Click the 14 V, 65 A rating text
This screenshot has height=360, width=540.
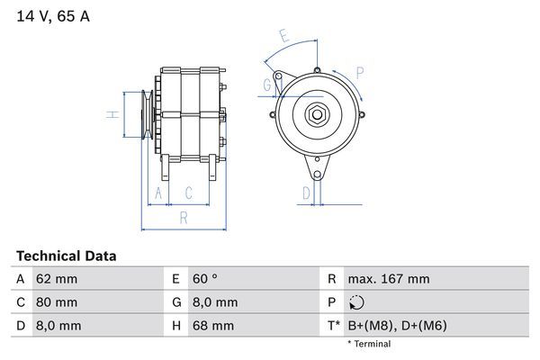pos(53,16)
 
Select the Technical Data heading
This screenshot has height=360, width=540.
pos(67,256)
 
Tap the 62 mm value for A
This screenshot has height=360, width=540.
pos(57,279)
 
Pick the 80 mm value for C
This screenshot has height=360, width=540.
pos(57,302)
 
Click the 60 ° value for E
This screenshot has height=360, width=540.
pos(205,279)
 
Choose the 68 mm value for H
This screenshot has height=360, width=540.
pos(213,326)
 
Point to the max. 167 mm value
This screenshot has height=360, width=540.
pos(389,279)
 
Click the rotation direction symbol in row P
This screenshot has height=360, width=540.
pos(356,302)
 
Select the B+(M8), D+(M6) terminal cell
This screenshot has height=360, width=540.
pos(398,326)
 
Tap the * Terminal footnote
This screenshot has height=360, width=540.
pos(369,344)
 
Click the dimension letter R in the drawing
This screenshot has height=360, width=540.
pos(184,218)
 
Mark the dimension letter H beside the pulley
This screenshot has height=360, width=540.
pos(112,114)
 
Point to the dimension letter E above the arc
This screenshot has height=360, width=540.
pos(284,36)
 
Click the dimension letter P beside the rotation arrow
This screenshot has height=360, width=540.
pos(360,73)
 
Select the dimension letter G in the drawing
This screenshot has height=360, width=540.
pos(267,85)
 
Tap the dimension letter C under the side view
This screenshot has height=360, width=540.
pos(188,193)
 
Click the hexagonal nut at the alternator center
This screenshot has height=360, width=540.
pos(317,114)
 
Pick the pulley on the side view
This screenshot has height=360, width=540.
pos(147,114)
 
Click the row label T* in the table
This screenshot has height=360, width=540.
pos(334,326)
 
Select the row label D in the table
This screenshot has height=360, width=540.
pos(21,326)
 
